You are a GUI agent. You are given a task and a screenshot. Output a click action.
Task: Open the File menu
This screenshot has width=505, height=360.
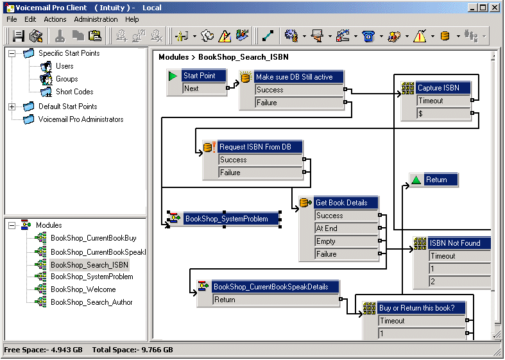pos(12,19)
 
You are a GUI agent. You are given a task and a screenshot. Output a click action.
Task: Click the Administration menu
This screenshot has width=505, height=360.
pos(96,19)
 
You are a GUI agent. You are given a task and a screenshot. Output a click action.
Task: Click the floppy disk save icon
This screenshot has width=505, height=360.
pos(19,36)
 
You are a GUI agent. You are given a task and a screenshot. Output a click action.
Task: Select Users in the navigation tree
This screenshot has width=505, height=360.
pos(64,66)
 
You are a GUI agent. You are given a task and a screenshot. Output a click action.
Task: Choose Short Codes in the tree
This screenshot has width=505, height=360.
pos(74,92)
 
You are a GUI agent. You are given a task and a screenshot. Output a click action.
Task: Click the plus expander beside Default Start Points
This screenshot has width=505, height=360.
pos(12,107)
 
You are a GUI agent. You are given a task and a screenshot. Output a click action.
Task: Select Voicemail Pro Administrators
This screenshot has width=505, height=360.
pos(80,119)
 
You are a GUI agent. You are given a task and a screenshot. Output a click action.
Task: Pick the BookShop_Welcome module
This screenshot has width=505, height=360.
pos(83,289)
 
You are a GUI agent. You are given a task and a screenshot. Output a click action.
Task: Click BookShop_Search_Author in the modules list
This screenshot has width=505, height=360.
pos(92,302)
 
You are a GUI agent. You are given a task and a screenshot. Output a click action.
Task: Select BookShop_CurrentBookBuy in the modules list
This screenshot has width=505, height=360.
pos(94,238)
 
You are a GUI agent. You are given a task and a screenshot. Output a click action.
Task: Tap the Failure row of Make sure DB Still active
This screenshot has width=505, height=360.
pos(299,103)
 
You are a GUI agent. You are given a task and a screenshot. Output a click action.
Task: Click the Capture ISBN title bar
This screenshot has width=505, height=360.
pos(443,87)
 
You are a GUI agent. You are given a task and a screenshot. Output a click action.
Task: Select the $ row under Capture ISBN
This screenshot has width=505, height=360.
pos(444,114)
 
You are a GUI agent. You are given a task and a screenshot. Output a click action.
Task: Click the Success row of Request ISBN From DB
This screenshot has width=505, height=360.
pos(261,160)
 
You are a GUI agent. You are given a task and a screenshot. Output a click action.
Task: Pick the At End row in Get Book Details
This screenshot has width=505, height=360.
pos(347,228)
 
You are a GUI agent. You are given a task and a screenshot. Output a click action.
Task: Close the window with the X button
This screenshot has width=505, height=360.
pos(495,8)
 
